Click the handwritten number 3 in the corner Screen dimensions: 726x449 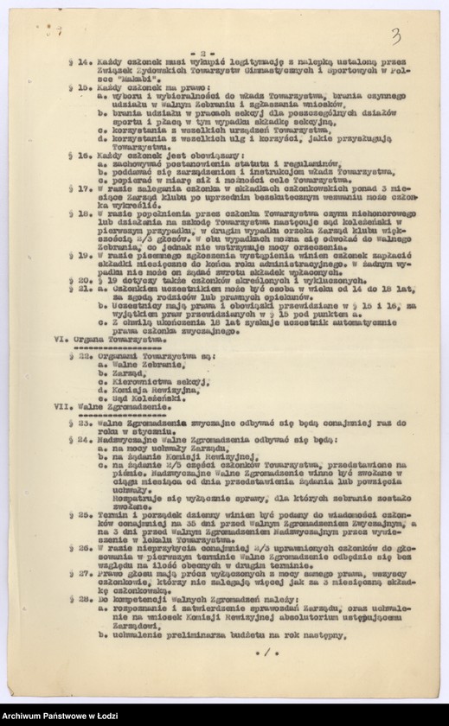click(395, 35)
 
